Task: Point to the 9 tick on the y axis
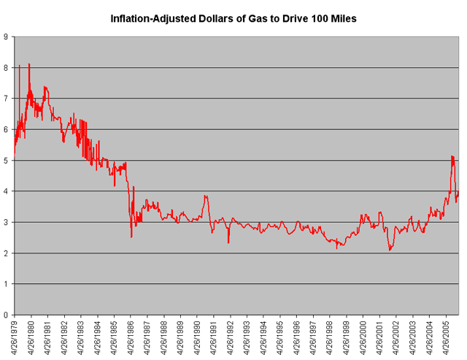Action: click(x=6, y=36)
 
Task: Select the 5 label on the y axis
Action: click(x=6, y=160)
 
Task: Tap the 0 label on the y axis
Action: click(x=6, y=315)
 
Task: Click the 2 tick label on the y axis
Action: click(x=6, y=253)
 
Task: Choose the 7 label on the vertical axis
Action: click(x=6, y=98)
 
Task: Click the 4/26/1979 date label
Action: click(x=14, y=337)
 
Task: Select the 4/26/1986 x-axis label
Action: click(x=131, y=337)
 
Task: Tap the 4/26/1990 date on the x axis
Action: click(x=197, y=337)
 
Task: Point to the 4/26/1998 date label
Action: click(x=330, y=337)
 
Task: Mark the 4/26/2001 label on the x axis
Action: click(x=380, y=337)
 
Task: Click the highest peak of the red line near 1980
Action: click(x=29, y=64)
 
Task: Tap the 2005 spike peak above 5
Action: click(x=452, y=156)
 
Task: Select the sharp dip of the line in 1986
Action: click(x=131, y=237)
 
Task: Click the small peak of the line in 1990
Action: click(x=206, y=196)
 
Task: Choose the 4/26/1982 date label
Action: click(x=64, y=337)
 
